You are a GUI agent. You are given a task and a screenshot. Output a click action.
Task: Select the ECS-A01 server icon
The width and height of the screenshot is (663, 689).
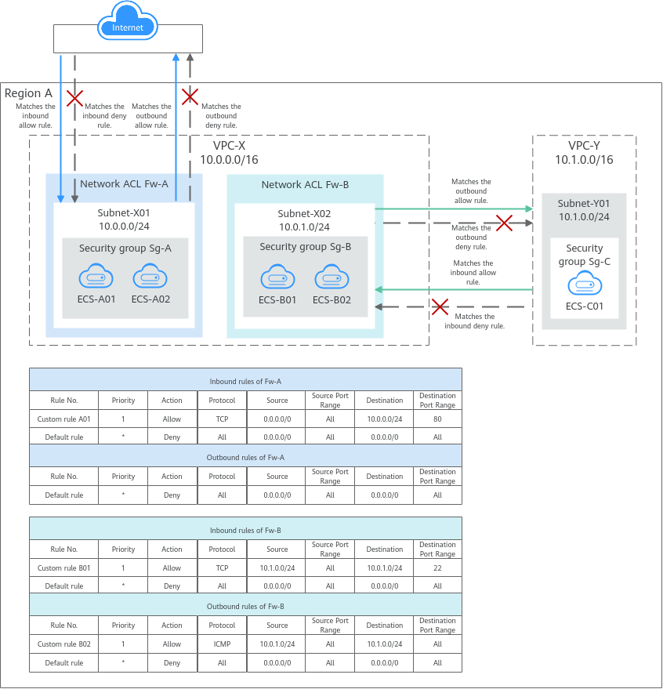coord(96,277)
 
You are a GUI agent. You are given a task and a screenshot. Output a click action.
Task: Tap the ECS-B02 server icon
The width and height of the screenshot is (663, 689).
coord(331,277)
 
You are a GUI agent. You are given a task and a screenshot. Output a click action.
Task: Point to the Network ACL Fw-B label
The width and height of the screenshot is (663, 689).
coord(305,185)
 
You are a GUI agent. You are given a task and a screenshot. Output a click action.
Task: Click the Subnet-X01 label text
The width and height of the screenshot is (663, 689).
coord(124,212)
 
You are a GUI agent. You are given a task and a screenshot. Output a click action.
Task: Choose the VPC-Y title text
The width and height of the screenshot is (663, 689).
coord(584,146)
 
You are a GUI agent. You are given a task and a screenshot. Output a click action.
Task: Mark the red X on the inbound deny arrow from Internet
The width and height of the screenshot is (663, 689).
coord(74,98)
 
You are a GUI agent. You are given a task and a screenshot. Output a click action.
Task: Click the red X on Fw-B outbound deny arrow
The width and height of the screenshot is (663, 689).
coord(504,223)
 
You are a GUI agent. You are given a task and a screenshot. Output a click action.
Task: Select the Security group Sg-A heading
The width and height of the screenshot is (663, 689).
coord(125,248)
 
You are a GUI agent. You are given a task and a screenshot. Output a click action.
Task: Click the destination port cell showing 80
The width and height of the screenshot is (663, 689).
coord(437,419)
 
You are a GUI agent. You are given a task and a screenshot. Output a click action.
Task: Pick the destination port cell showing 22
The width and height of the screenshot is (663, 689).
coord(437,568)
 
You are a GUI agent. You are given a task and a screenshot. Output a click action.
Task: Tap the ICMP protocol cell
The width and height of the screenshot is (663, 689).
coord(223,644)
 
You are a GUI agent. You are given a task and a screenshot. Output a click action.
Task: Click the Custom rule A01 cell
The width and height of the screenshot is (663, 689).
coord(64,419)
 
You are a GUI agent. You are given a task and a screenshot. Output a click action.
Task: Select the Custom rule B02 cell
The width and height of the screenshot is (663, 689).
coord(64,644)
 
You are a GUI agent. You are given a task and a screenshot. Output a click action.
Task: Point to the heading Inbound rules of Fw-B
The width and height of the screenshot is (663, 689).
coord(245,531)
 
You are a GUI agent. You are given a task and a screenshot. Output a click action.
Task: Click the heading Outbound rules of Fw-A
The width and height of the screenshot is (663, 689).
coord(245,458)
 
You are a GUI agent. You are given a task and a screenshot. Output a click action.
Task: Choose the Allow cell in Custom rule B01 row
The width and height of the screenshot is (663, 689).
coord(172,568)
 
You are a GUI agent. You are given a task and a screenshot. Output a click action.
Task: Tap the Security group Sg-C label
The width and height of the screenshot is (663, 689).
coord(584,255)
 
